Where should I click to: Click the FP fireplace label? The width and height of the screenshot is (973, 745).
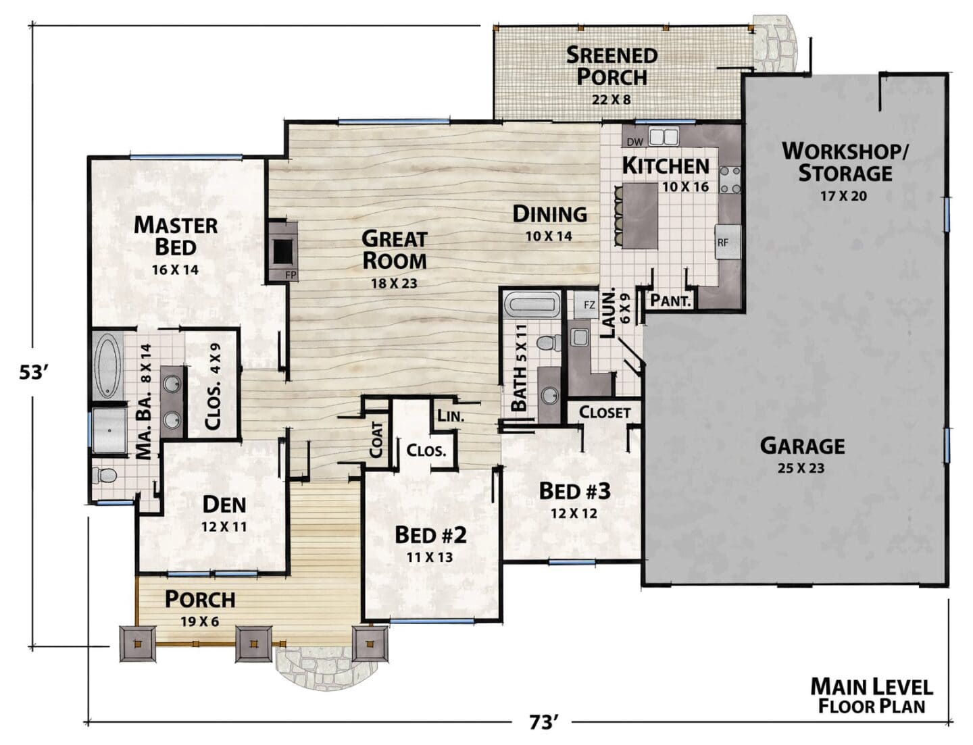(291, 276)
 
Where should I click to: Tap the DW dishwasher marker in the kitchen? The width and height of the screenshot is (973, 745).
(635, 143)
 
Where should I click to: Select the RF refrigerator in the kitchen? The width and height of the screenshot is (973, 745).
(727, 242)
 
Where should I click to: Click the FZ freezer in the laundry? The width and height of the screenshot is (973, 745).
(587, 305)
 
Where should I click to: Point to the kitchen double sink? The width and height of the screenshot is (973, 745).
(664, 136)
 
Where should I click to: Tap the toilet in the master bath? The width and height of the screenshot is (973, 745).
(104, 476)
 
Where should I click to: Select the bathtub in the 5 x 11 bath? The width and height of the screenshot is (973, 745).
(532, 305)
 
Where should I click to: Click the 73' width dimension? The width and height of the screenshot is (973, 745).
(543, 722)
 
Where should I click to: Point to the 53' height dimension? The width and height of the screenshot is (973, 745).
(33, 372)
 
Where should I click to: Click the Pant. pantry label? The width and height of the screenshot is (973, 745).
(670, 301)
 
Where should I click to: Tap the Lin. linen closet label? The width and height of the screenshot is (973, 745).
(451, 416)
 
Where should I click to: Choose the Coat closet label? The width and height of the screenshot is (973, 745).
(376, 440)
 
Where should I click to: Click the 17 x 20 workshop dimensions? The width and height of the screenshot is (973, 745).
(843, 195)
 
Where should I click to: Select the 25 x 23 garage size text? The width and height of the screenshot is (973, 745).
(801, 468)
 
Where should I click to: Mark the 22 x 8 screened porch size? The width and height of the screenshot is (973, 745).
(612, 99)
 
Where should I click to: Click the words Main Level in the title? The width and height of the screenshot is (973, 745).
(872, 687)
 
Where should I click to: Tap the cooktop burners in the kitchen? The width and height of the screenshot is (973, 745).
(730, 180)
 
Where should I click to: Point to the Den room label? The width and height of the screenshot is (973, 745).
(224, 505)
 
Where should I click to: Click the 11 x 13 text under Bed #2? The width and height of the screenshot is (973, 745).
(430, 557)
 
